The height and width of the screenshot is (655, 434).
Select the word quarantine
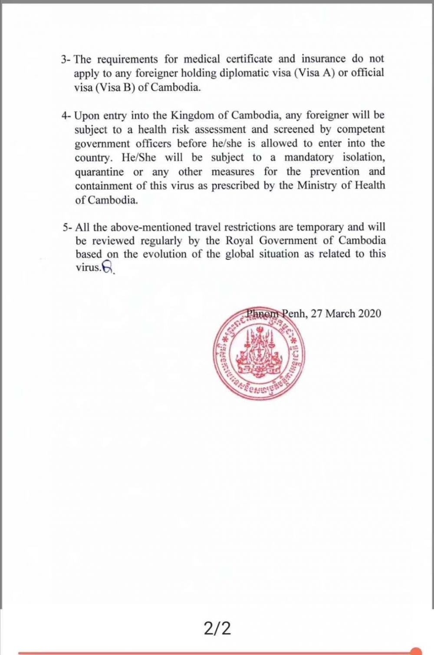[x=99, y=172]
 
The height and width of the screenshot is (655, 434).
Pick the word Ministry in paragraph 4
[x=318, y=186]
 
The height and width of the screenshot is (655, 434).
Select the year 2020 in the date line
[x=370, y=313]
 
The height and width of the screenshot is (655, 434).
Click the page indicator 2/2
[x=217, y=628]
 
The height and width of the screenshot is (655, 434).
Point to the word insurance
[x=324, y=59]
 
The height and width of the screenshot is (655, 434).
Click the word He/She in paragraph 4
[x=139, y=158]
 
